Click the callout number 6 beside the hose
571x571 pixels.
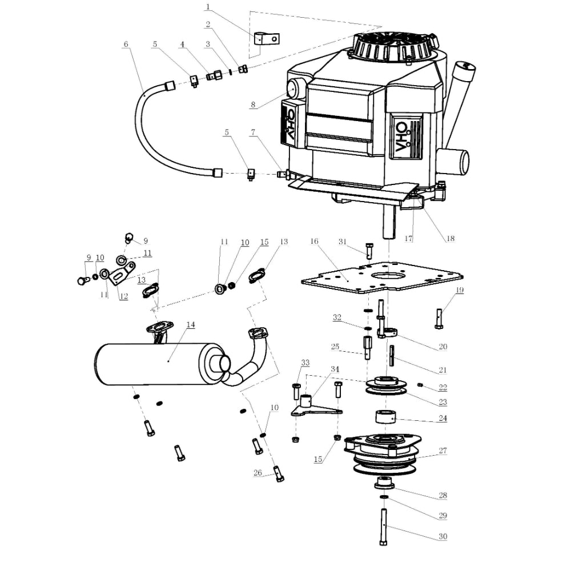[x=126, y=43]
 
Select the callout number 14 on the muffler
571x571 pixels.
[x=191, y=324]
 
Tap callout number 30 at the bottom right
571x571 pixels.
[x=443, y=536]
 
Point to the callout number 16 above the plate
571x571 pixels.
[x=314, y=242]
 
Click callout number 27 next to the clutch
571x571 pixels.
[x=443, y=451]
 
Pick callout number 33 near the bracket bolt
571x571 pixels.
[x=305, y=363]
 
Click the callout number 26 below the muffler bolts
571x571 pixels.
[x=258, y=472]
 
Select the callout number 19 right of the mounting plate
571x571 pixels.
[x=460, y=290]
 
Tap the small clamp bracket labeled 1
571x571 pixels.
[x=266, y=39]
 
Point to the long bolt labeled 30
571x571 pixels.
[x=383, y=525]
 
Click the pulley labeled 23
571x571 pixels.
[x=387, y=386]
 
